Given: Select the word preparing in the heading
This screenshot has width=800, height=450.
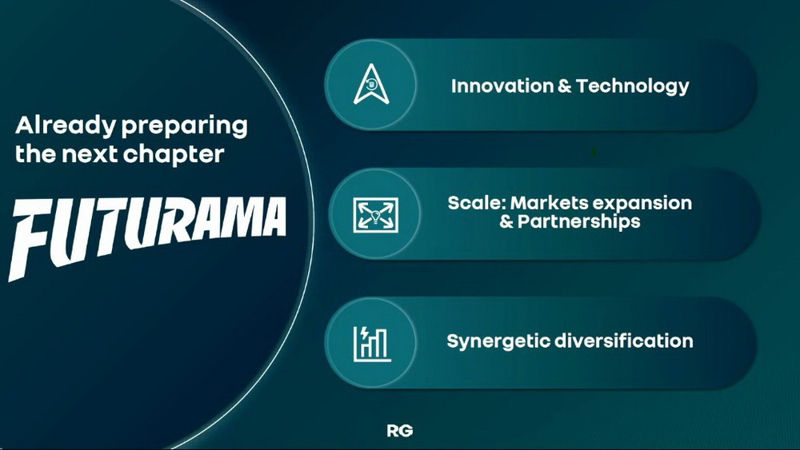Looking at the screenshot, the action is [x=184, y=127].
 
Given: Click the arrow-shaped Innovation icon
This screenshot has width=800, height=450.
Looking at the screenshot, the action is [x=371, y=84].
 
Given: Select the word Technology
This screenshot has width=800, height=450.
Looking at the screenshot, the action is [x=633, y=86].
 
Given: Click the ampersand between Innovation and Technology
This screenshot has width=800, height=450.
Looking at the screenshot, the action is [x=565, y=86].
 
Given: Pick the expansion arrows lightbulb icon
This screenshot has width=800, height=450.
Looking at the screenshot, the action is [x=376, y=214].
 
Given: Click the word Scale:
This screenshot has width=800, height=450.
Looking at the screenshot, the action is [x=477, y=203].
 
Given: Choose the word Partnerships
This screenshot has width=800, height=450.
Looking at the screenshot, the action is [x=578, y=221].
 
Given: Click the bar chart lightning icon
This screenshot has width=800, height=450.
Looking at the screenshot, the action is [x=373, y=344].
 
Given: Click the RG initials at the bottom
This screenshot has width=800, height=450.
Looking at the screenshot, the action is [x=399, y=431].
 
